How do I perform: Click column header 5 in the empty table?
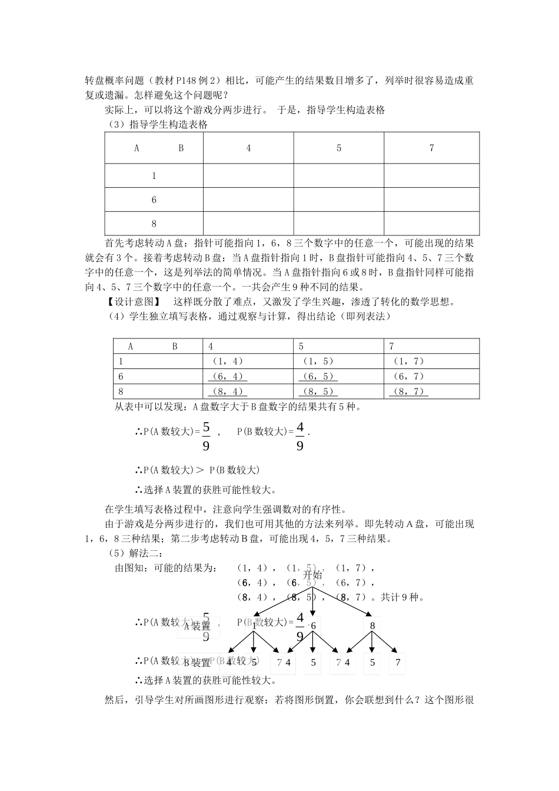click(339, 148)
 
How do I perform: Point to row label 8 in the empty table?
click(154, 224)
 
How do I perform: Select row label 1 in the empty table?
click(154, 175)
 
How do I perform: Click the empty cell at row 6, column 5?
click(339, 200)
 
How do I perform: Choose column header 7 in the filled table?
click(392, 346)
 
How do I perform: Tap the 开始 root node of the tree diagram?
click(312, 575)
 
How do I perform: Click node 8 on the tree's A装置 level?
click(372, 626)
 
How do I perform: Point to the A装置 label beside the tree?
click(198, 626)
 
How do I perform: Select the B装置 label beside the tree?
click(198, 663)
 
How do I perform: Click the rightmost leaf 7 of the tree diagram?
click(398, 663)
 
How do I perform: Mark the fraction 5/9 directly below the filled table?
click(206, 436)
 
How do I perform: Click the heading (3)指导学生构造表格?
click(158, 124)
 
